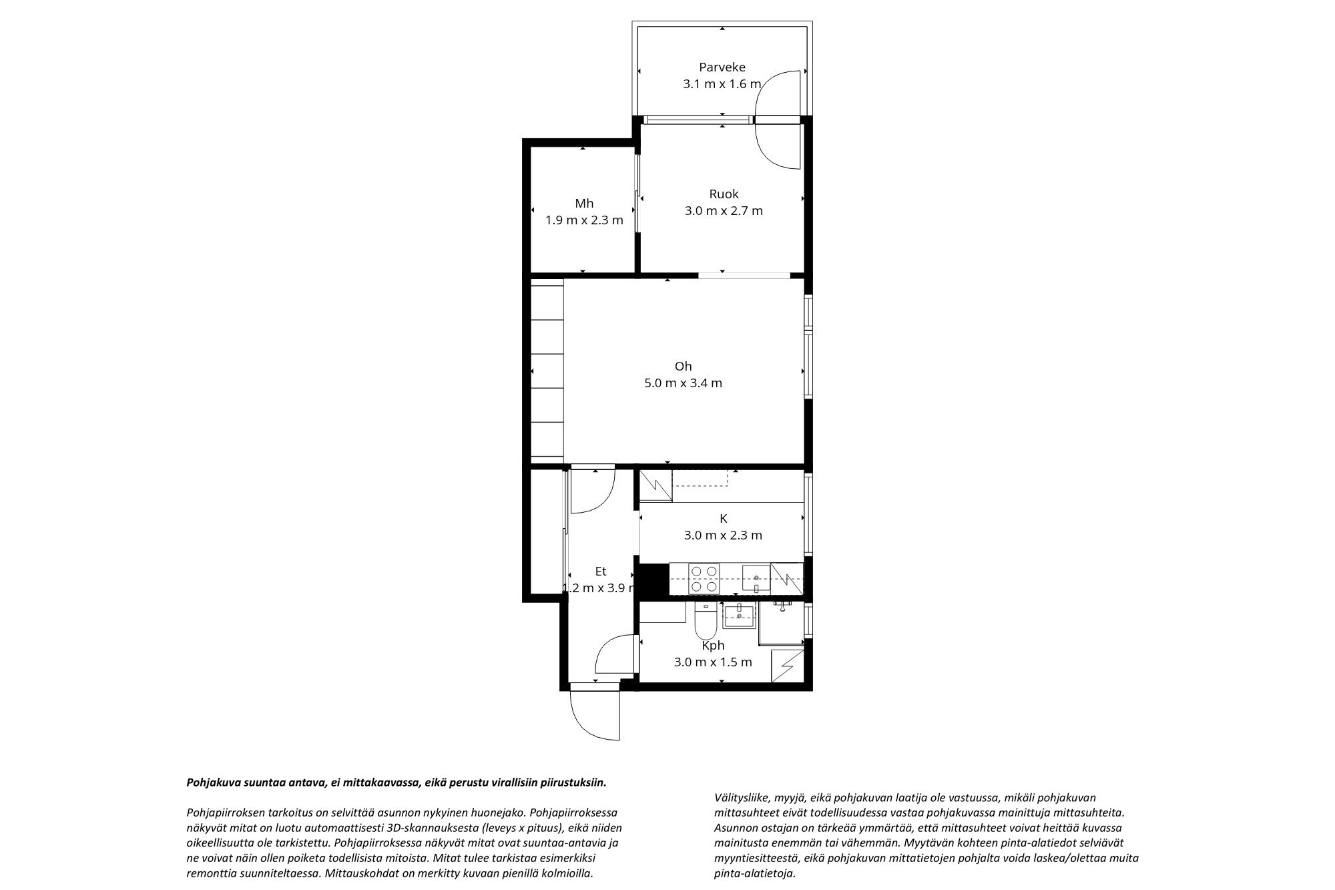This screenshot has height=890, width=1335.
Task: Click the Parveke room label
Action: [x=722, y=67]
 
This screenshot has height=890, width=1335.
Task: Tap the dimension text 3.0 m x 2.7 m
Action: [x=724, y=211]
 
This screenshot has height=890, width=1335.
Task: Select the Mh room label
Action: [x=584, y=204]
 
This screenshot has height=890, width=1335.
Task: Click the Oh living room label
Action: [x=683, y=366]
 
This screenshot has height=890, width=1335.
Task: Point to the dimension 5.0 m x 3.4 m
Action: [x=683, y=383]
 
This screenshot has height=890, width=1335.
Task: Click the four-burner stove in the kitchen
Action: [x=704, y=579]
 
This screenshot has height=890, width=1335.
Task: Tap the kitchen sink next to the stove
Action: [x=756, y=579]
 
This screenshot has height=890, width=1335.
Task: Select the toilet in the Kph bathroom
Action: [x=705, y=622]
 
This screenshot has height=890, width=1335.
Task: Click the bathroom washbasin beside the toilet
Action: [x=739, y=616]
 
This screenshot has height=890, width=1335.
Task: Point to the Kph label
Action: [x=713, y=646]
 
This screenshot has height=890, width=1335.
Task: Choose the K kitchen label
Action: [x=723, y=518]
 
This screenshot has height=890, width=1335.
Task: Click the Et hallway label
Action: [x=601, y=571]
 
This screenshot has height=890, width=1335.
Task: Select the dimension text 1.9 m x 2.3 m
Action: [x=584, y=220]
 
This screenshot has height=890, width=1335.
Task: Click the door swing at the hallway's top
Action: [x=593, y=491]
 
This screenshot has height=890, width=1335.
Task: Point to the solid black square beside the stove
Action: [x=653, y=580]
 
